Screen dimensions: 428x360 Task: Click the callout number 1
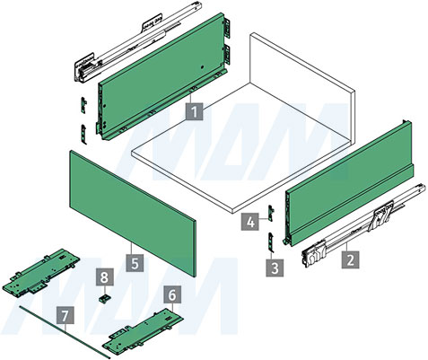(195, 112)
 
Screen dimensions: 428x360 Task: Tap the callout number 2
(351, 259)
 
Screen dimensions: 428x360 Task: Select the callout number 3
(275, 268)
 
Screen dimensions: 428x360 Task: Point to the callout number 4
(250, 222)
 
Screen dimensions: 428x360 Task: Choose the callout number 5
(135, 263)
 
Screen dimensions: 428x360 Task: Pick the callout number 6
(172, 295)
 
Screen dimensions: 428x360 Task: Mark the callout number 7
(66, 315)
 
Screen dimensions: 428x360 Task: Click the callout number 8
(104, 277)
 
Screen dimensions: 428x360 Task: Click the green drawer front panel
(133, 213)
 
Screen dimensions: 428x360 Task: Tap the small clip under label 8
(104, 299)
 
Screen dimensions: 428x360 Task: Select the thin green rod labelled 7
(65, 332)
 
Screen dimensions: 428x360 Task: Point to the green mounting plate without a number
(41, 273)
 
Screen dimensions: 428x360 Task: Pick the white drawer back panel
(302, 90)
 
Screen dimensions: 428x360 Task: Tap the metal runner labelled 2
(364, 226)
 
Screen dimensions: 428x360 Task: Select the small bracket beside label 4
(272, 213)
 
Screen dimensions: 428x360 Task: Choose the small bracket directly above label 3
(271, 242)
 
